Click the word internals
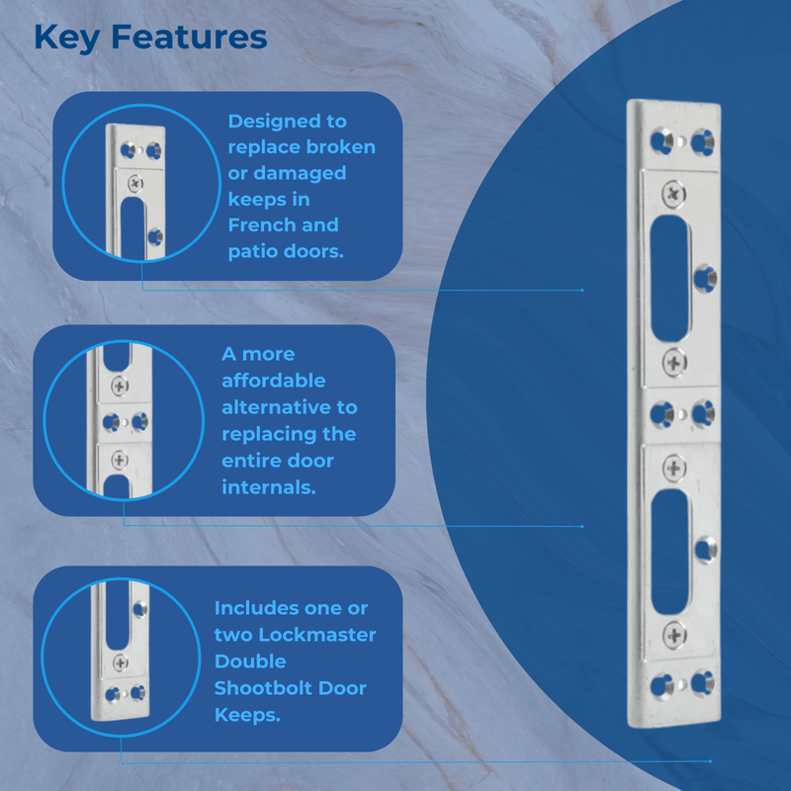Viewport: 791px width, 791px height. click(x=269, y=487)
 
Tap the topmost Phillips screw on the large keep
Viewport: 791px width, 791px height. click(x=674, y=194)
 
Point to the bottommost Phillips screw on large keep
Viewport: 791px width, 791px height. click(x=674, y=633)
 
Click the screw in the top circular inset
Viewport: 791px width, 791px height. click(x=134, y=183)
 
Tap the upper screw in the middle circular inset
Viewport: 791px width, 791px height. click(x=121, y=384)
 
